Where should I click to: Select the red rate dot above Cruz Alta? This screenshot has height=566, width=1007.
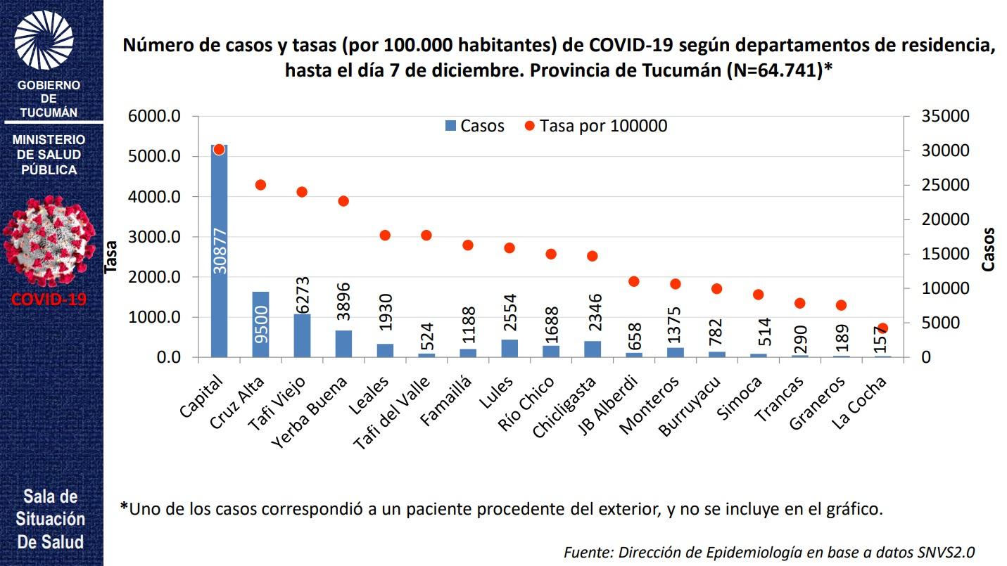(260, 185)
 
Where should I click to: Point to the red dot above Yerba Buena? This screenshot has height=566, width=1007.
(343, 201)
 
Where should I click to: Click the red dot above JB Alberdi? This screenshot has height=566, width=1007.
(633, 281)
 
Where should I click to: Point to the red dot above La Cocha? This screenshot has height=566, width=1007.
(882, 328)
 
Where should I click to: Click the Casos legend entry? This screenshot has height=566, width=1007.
(475, 126)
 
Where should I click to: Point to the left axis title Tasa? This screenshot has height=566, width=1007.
(110, 257)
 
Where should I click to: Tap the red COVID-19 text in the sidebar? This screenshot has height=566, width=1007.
(49, 299)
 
